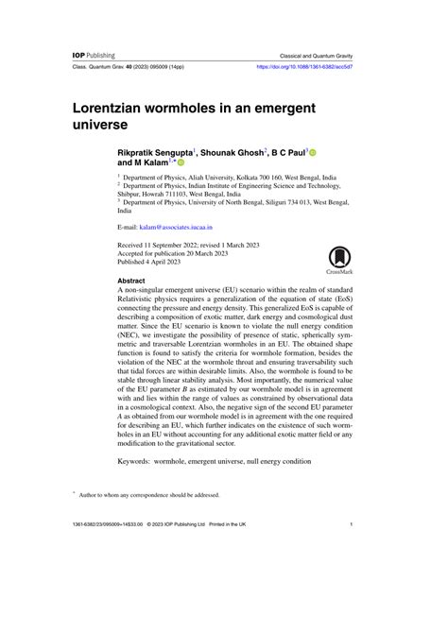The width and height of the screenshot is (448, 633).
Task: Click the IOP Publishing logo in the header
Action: click(94, 56)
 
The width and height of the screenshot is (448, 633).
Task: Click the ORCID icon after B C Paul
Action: click(313, 152)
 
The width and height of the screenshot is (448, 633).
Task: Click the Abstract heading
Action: click(132, 282)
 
